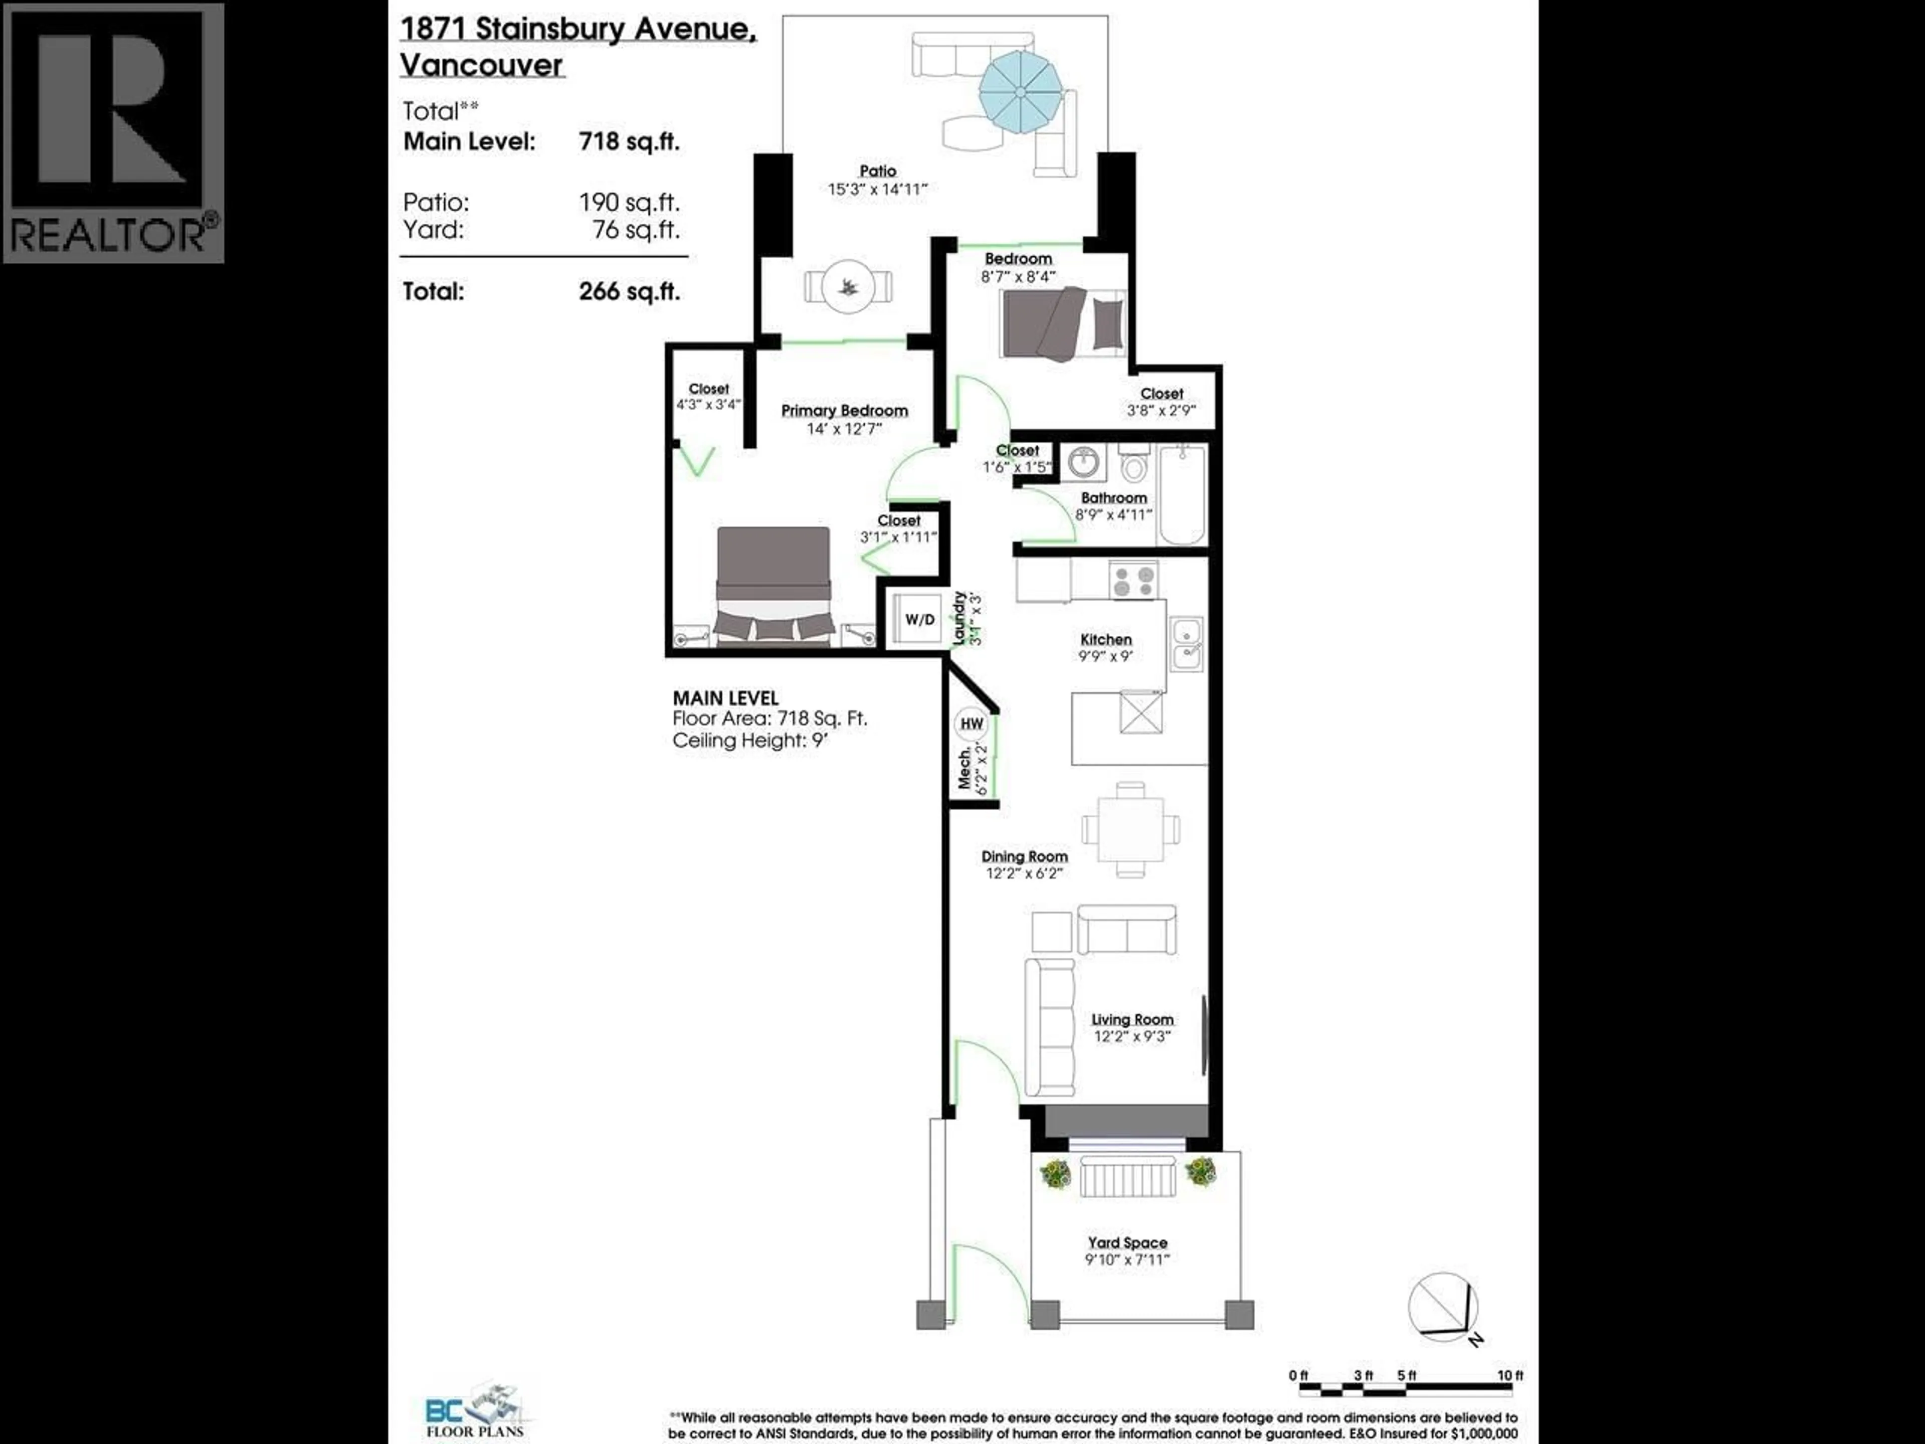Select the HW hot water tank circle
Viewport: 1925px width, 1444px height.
click(971, 724)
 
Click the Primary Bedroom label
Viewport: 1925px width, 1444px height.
click(844, 411)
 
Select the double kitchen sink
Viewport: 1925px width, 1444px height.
click(1186, 644)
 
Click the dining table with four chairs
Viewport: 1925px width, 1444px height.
click(1130, 829)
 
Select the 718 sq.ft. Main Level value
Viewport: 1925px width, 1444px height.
click(628, 142)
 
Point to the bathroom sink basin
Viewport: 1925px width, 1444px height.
click(1083, 464)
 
